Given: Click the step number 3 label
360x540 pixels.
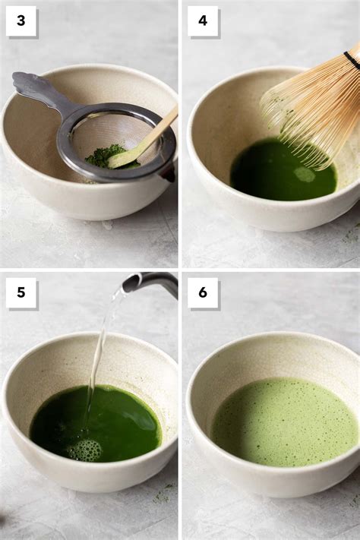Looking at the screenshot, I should point(21,21).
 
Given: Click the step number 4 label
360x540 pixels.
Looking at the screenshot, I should point(203,21).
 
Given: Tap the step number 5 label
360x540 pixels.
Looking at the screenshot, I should point(21,292).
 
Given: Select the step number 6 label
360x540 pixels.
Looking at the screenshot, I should point(203,292).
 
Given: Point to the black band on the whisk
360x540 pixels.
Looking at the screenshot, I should point(352,60).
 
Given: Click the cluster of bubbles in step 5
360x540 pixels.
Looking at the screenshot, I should point(84,450).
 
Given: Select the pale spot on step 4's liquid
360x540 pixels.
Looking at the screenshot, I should point(305,174).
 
